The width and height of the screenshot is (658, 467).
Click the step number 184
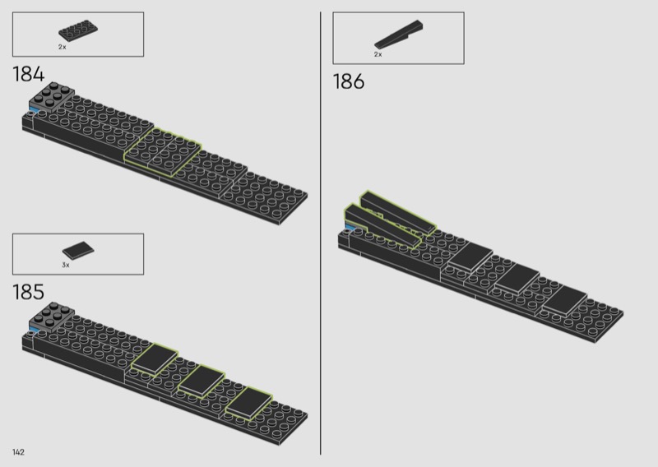(x=29, y=74)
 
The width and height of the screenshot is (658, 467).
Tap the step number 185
(x=29, y=292)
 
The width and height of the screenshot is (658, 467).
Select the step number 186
(x=349, y=81)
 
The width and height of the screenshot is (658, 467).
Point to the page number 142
(x=18, y=452)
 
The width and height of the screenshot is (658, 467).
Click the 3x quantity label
(x=66, y=266)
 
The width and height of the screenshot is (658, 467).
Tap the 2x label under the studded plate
(x=63, y=47)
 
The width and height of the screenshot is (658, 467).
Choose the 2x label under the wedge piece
(x=378, y=54)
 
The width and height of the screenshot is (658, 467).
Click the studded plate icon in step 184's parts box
(x=78, y=30)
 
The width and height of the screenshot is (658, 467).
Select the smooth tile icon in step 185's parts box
(x=78, y=250)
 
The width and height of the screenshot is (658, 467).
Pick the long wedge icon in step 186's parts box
(x=399, y=34)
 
